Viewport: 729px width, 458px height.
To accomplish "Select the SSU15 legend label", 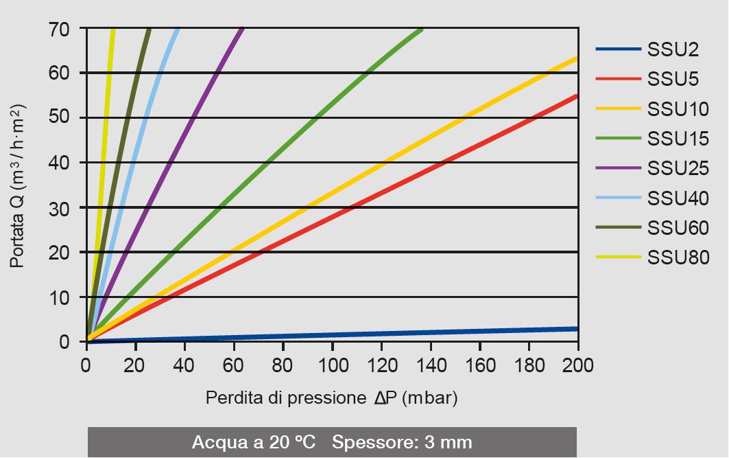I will point(678,139).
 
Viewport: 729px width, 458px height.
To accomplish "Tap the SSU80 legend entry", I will point(678,257).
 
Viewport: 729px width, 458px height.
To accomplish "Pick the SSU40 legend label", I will point(678,198).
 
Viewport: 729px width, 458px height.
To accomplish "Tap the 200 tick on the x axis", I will point(577,364).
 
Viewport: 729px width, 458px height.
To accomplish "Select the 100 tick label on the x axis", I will point(332,364).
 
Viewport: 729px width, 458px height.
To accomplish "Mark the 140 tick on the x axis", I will point(430,364).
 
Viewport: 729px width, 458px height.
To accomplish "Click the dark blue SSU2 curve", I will point(411,334).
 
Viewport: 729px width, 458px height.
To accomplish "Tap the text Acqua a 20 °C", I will point(254,442).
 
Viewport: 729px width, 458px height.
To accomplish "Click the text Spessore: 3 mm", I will point(402,442).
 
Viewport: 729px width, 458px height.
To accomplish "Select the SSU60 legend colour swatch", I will point(618,228).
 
